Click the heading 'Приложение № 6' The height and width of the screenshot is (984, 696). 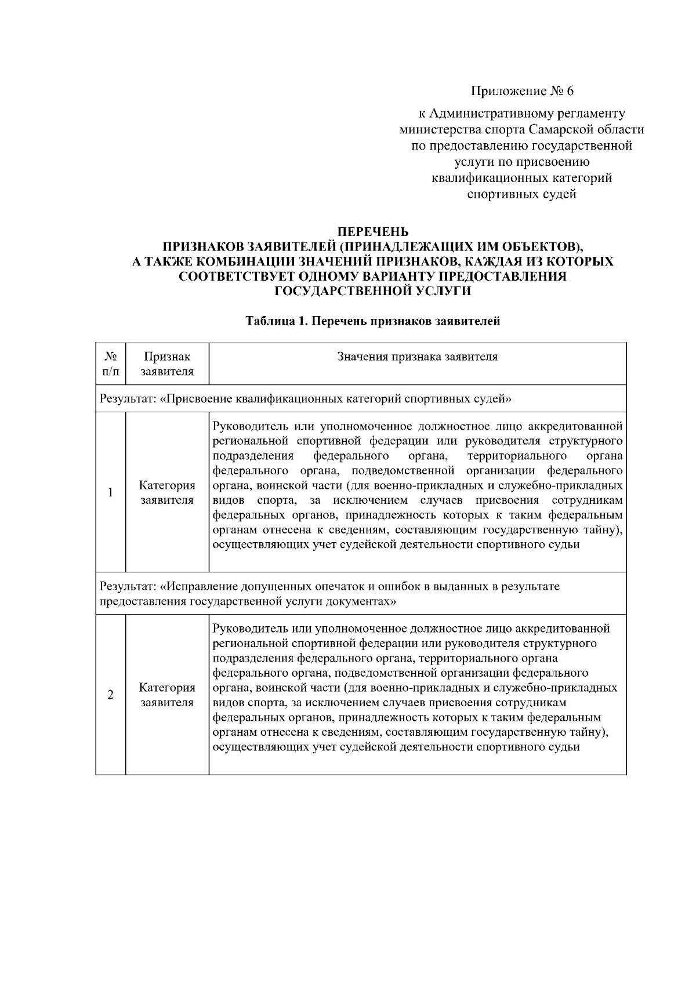tap(521, 91)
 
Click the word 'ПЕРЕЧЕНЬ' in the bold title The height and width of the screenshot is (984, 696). tap(373, 233)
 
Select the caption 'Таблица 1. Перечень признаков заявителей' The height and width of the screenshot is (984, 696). tap(372, 321)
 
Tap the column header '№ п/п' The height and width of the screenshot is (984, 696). tap(110, 364)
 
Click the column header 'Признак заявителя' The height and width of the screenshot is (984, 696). tap(167, 364)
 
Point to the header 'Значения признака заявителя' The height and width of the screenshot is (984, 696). tap(417, 357)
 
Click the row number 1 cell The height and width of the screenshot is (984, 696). tap(110, 492)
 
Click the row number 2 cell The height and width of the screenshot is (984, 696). tap(110, 695)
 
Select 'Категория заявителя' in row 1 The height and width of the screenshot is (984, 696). tap(167, 492)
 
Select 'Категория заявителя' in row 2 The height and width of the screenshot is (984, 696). tap(167, 695)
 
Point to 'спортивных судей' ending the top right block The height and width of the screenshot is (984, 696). tap(521, 194)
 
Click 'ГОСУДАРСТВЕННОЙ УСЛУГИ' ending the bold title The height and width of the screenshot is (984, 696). tap(372, 291)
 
